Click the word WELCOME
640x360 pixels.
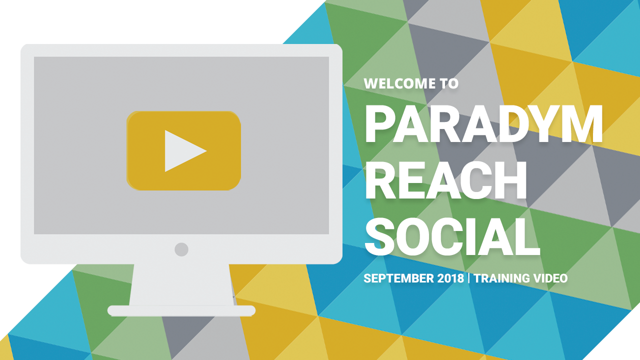coord(399,83)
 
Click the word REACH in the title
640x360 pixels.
coord(445,180)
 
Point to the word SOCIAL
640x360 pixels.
coord(452,236)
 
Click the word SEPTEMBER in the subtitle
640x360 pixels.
coord(398,278)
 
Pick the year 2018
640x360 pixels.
coord(450,278)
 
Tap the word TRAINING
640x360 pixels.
coord(502,278)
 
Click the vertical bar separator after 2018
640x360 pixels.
coord(469,278)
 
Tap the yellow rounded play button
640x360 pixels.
coord(183,150)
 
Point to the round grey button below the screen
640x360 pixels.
coord(181,249)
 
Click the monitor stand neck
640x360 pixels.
coord(181,285)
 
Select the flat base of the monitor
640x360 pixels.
coord(181,311)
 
